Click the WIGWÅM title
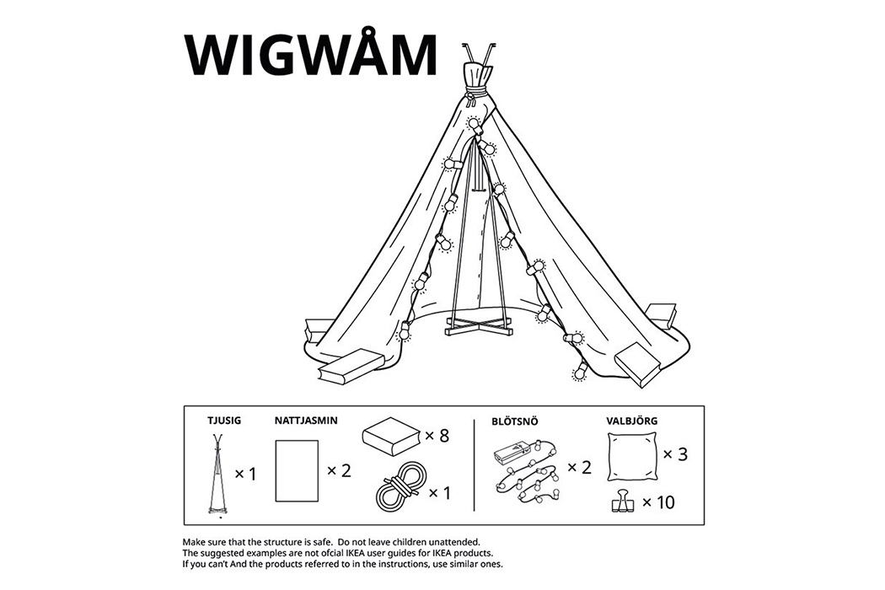[x=311, y=56]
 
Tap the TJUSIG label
[x=224, y=419]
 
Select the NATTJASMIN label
[x=307, y=419]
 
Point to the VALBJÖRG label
[x=633, y=419]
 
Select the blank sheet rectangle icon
[x=297, y=470]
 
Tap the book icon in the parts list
[x=391, y=437]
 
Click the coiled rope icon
[x=396, y=488]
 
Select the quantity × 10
[x=658, y=502]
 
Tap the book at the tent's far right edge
[x=662, y=314]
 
